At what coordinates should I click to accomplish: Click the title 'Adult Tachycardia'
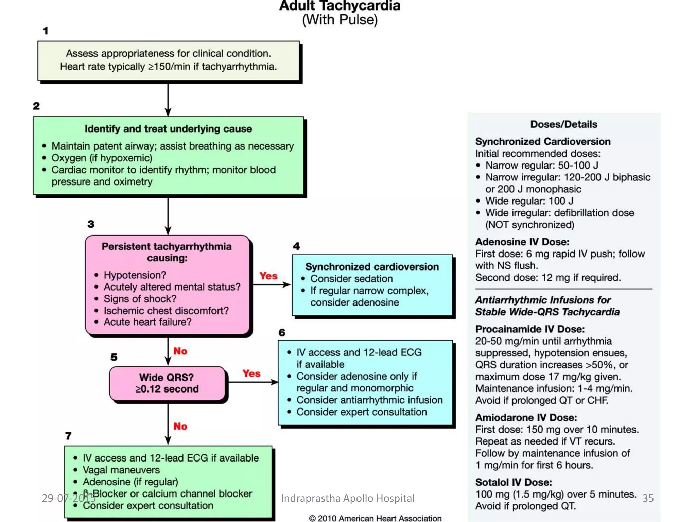pos(340,6)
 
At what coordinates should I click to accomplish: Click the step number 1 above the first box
pos(46,31)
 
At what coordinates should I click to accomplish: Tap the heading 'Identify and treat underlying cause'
pos(168,129)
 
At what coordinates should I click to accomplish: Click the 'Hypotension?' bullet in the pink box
pos(135,275)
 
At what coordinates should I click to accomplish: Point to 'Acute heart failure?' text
pos(147,322)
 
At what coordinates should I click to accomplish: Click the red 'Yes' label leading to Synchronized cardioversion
pos(268,276)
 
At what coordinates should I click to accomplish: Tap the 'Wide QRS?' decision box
pos(167,383)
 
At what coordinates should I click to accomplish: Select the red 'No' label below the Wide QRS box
pos(180,426)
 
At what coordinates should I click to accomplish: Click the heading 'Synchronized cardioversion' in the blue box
pos(372,267)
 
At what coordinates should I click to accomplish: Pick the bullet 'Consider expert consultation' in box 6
pos(362,412)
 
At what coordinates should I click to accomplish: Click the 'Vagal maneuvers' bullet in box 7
pos(121,470)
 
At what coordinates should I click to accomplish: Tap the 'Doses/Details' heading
pos(563,124)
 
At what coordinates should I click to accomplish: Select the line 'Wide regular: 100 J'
pos(529,201)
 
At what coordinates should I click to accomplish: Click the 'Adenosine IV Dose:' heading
pos(522,242)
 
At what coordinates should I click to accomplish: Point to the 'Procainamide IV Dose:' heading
pos(530,329)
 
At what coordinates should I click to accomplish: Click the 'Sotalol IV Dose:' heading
pos(514,482)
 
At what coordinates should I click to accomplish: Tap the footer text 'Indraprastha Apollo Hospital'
pos(347,498)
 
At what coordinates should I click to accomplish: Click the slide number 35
pos(648,498)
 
